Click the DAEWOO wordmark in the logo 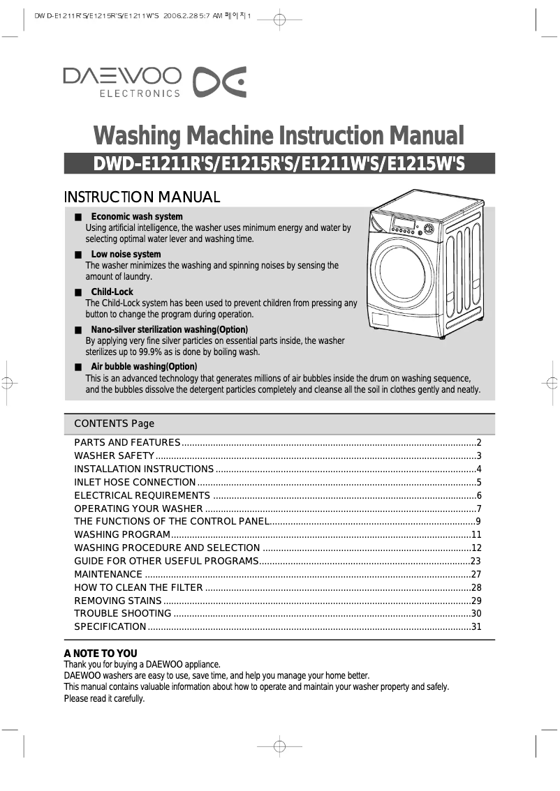pos(122,75)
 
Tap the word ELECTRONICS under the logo pos(140,93)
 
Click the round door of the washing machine pos(401,271)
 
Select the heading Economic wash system pos(137,217)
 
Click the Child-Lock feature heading pos(112,292)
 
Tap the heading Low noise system pos(126,255)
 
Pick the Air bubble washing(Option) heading pos(144,367)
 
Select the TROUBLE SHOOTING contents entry pos(123,614)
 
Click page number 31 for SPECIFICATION pos(477,627)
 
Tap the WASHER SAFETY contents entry pos(114,456)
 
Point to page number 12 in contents pos(477,548)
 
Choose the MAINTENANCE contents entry pos(108,575)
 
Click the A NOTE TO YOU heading pos(101,654)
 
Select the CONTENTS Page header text pos(114,424)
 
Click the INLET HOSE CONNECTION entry pos(135,483)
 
